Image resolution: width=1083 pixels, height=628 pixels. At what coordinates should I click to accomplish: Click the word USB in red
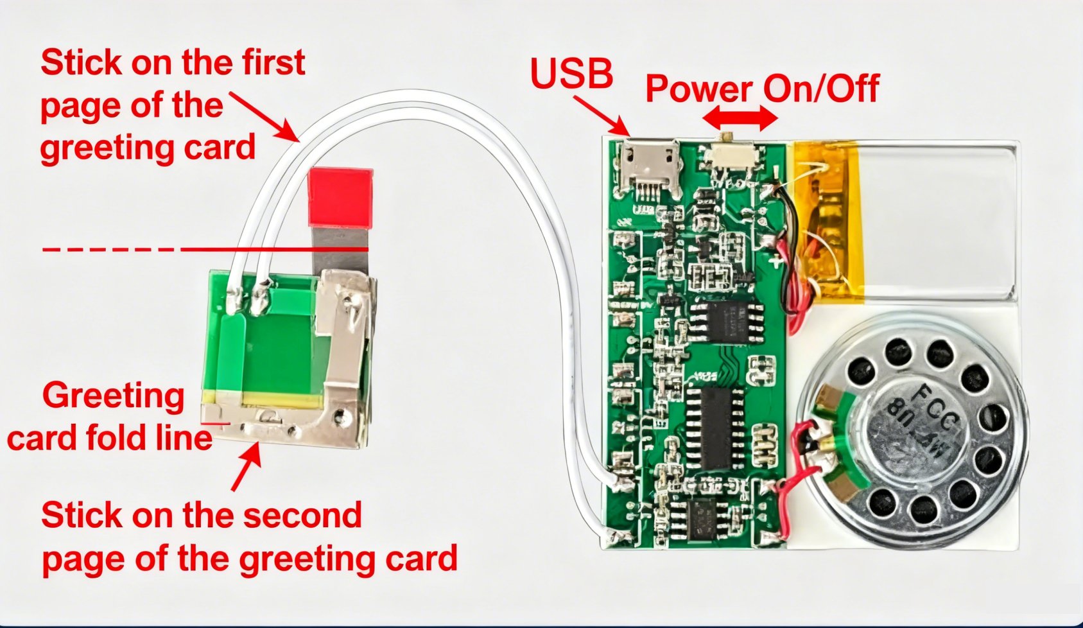pyautogui.click(x=571, y=73)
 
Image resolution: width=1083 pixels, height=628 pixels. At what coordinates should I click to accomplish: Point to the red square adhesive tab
pyautogui.click(x=340, y=198)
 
